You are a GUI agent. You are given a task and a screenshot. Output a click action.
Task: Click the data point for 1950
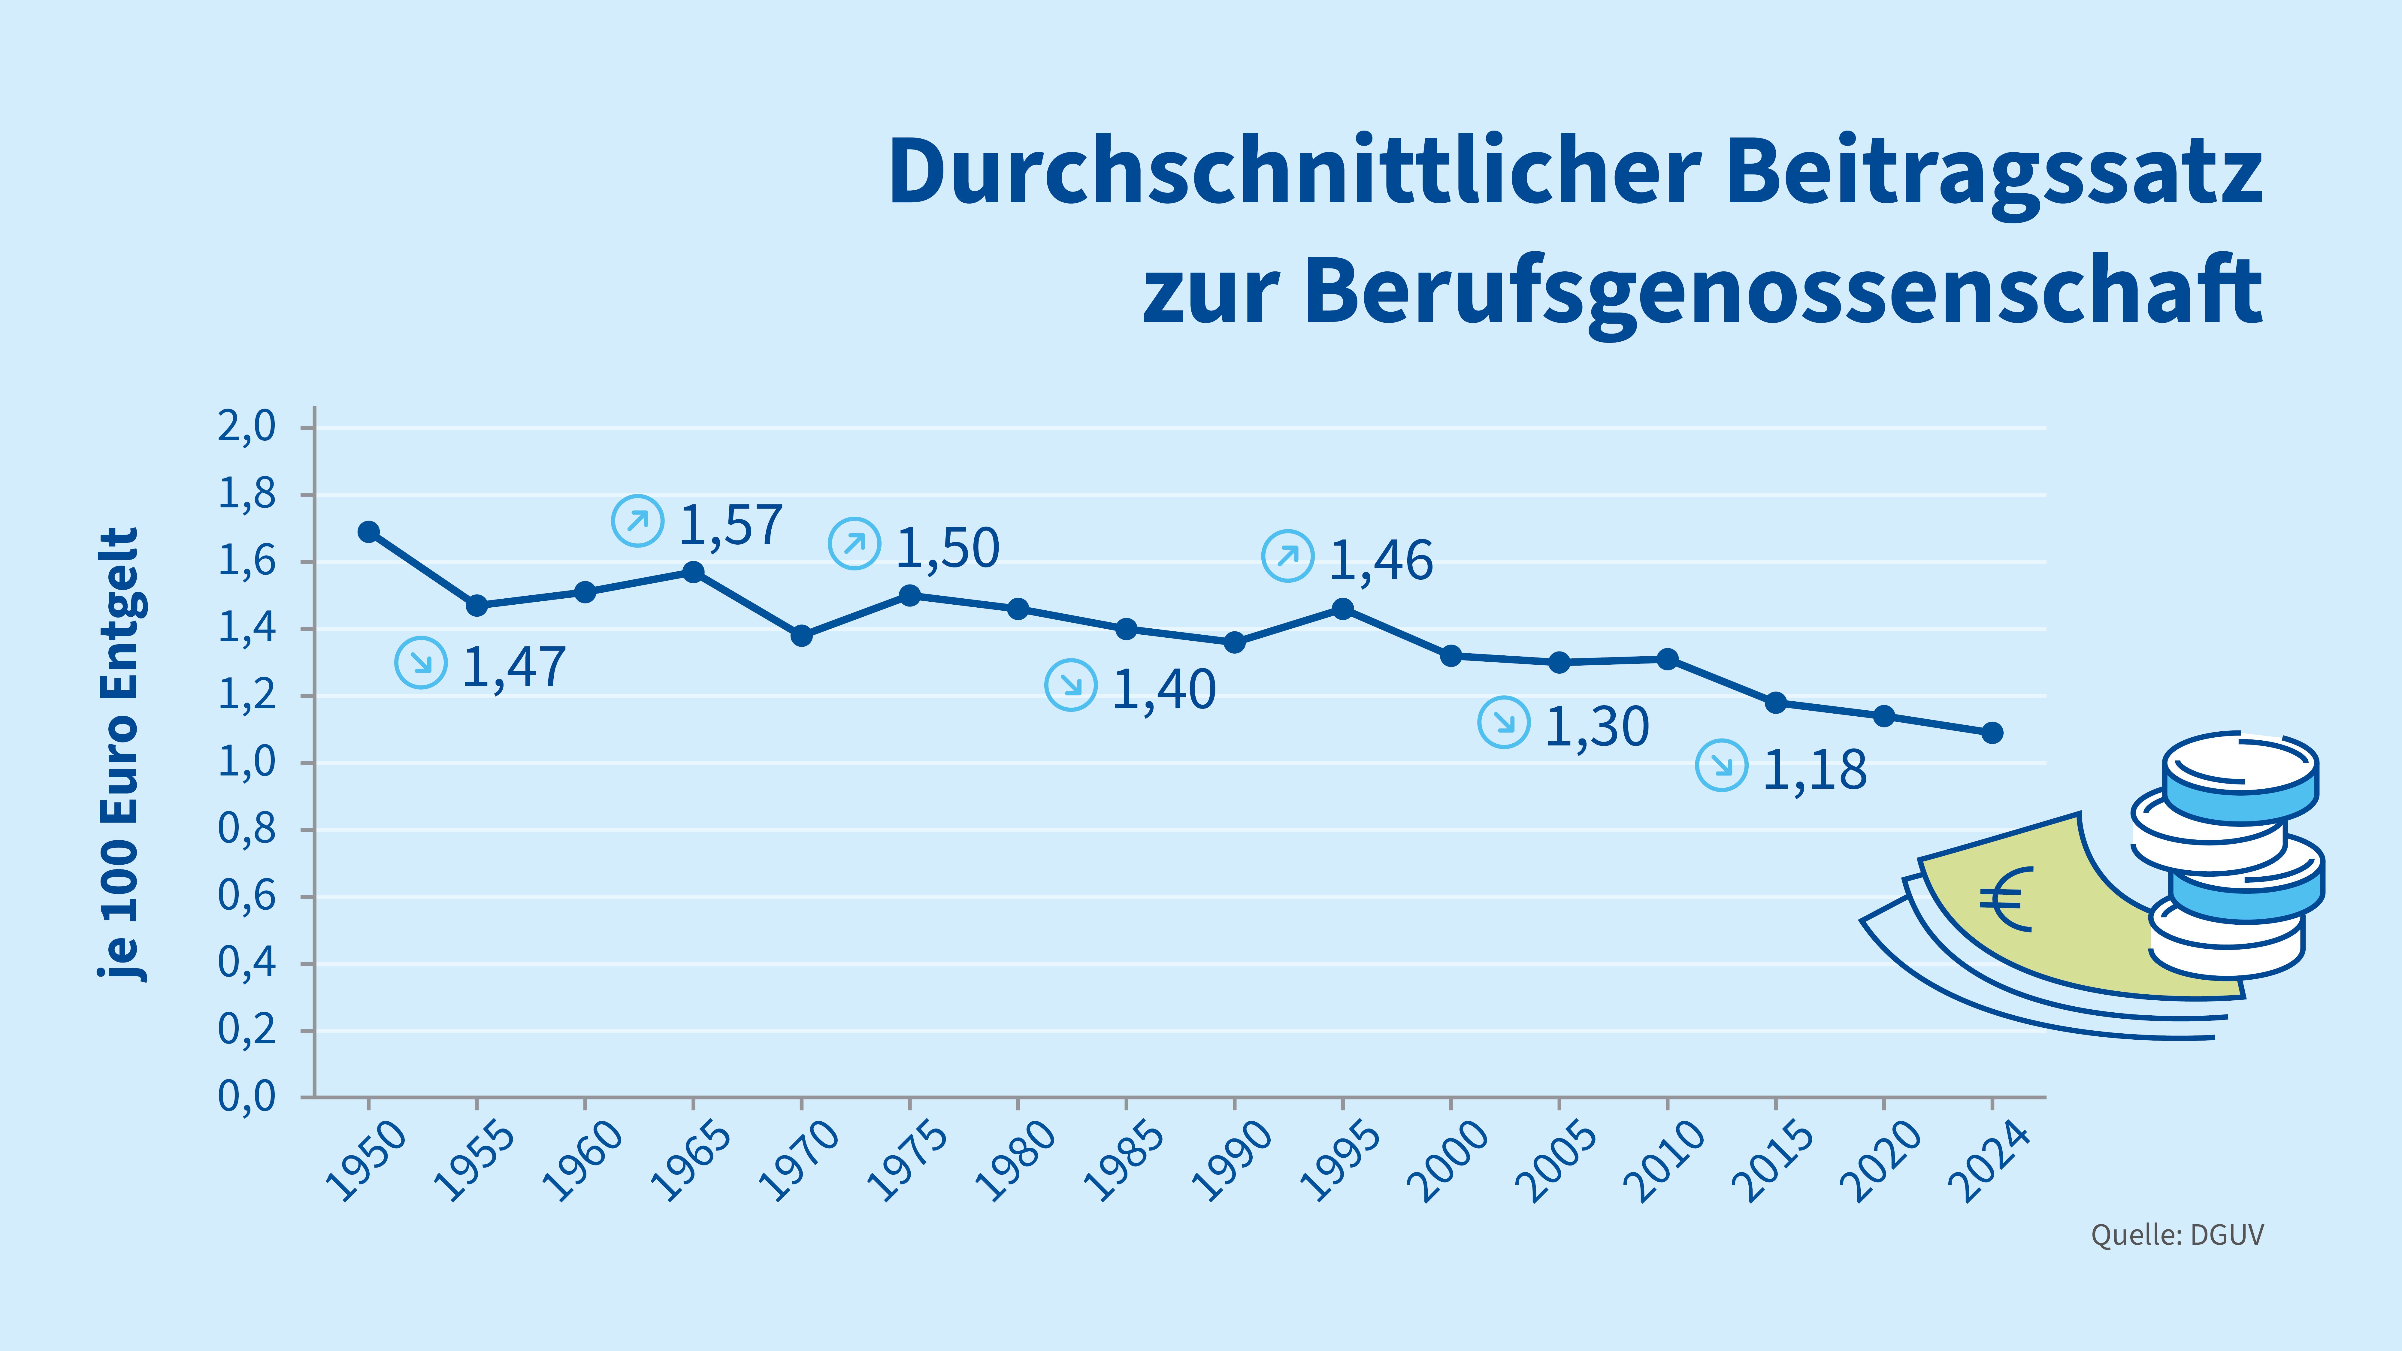tap(368, 531)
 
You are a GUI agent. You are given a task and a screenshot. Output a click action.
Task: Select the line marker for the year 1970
tap(801, 636)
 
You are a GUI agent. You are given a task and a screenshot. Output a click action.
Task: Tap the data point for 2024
tap(1992, 733)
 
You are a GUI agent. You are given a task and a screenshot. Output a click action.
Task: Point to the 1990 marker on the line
tap(1234, 642)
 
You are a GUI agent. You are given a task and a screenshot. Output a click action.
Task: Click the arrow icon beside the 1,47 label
tap(422, 663)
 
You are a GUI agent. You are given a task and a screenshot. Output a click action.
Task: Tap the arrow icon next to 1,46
tap(1288, 557)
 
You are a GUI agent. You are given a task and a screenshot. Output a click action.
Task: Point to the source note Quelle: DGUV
tap(2177, 1235)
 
